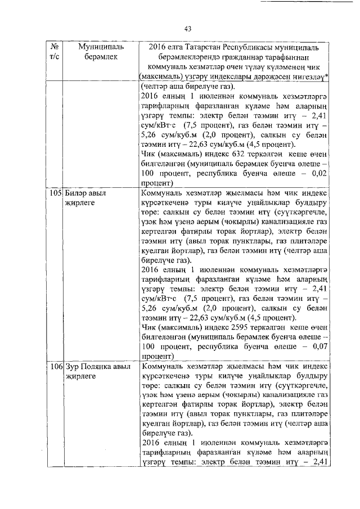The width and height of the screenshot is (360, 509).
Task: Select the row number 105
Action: (x=55, y=193)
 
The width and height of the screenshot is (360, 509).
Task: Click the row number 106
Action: (x=55, y=366)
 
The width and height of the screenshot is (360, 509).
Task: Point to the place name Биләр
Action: (x=76, y=193)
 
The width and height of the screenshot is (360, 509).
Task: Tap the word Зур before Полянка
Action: (x=72, y=366)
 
